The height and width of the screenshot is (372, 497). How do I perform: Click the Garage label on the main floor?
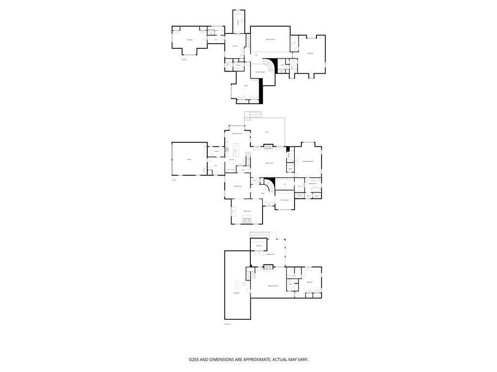click(x=189, y=159)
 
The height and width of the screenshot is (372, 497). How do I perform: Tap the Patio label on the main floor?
click(x=266, y=132)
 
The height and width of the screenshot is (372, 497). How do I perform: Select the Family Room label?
click(x=268, y=163)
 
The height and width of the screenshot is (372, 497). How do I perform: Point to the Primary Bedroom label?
click(x=309, y=161)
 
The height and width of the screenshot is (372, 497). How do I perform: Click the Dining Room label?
click(x=237, y=186)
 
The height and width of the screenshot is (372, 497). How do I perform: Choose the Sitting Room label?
click(x=284, y=200)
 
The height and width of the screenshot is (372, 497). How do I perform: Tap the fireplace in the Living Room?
click(x=247, y=220)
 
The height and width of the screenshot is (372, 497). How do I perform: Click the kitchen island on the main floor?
click(x=236, y=147)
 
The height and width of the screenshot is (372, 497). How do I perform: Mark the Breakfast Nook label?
click(x=237, y=133)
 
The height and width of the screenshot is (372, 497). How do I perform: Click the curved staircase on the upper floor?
click(x=268, y=64)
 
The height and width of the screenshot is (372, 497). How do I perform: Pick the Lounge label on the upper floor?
click(x=234, y=46)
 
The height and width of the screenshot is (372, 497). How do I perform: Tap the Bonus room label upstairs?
click(x=246, y=86)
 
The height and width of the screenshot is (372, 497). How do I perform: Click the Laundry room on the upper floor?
click(x=238, y=22)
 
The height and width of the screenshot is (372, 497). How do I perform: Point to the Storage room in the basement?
click(x=259, y=246)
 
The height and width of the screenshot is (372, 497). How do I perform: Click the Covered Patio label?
click(x=270, y=254)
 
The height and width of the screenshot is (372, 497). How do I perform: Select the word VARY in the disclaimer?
click(x=302, y=359)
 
